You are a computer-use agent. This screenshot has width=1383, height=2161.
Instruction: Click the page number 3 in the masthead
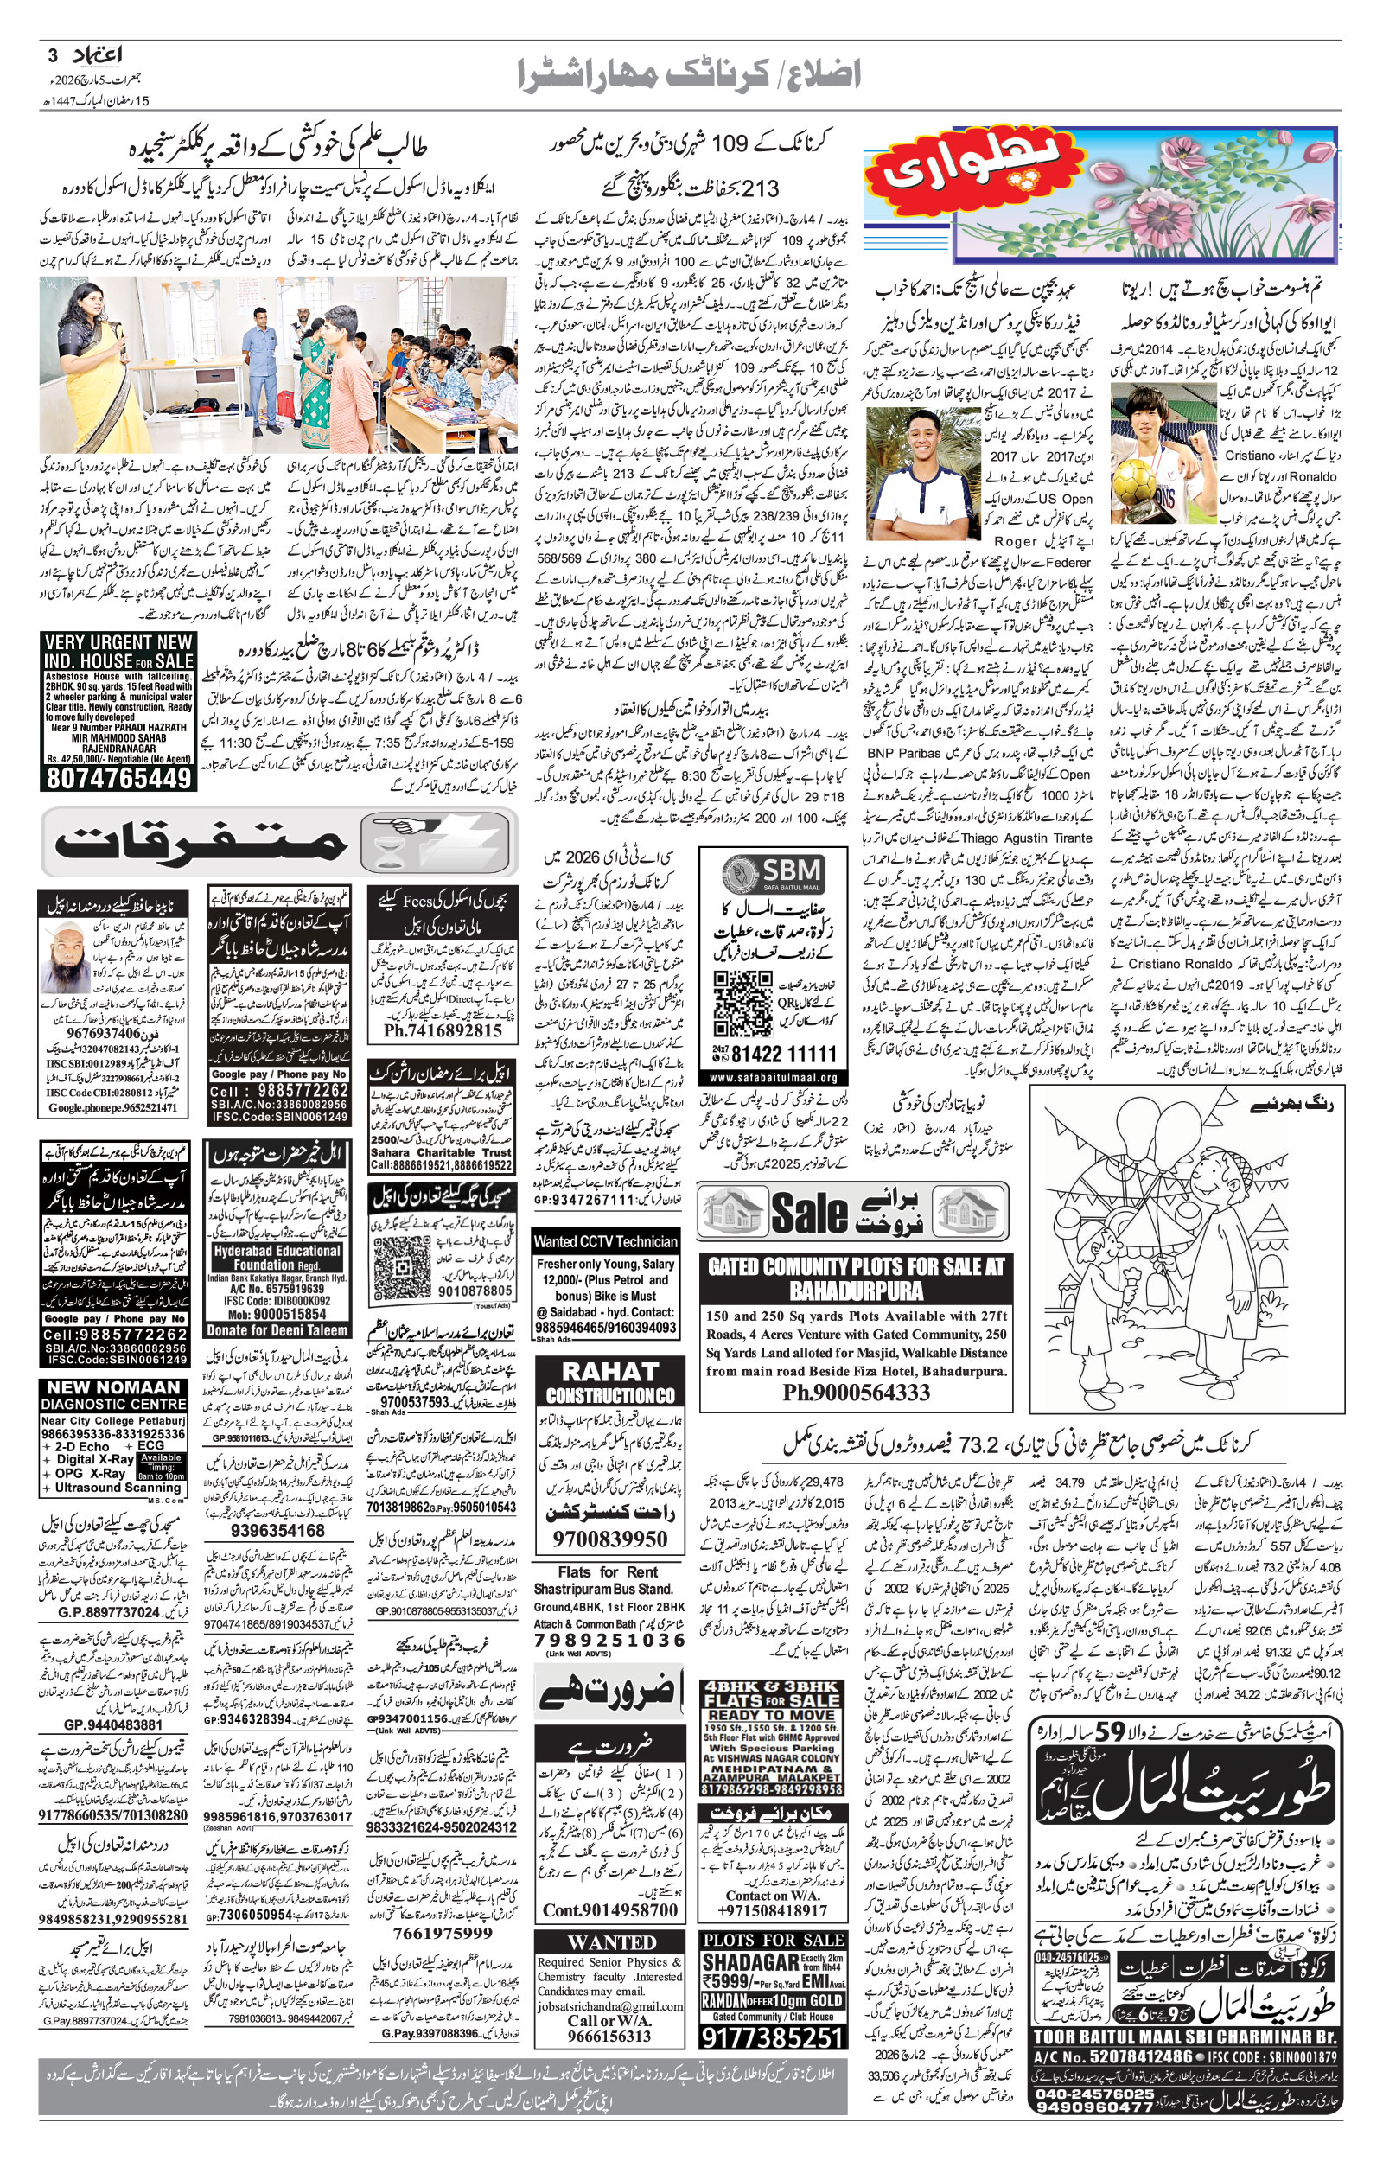[x=52, y=55]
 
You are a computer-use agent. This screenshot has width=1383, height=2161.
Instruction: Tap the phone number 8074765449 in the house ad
[x=118, y=776]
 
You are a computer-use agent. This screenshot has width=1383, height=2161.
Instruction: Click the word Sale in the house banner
[x=808, y=1213]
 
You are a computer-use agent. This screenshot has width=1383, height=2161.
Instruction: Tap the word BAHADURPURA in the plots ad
[x=856, y=1291]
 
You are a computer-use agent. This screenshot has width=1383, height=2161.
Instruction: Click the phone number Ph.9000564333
[x=855, y=1392]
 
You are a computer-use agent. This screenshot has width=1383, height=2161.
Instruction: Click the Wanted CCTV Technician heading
[x=605, y=1240]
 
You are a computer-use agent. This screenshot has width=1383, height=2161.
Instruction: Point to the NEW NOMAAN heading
[x=113, y=1388]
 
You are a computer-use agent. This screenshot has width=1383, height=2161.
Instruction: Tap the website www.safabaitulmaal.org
[x=773, y=1077]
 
